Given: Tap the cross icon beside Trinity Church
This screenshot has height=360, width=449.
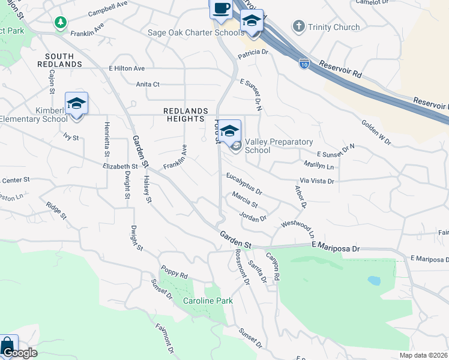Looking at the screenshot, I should (x=298, y=26).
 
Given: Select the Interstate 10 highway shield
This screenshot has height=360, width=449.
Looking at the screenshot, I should (x=305, y=62).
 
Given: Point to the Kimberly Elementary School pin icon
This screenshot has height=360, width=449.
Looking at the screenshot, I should (x=77, y=104).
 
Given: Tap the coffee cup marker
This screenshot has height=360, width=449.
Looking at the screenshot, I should (x=221, y=8).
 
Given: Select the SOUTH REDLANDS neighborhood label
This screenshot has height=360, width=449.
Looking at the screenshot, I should (x=59, y=59).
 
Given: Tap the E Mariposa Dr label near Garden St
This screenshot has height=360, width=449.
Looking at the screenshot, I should (x=335, y=247).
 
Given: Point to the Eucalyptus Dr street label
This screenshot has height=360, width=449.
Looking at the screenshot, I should (x=244, y=184).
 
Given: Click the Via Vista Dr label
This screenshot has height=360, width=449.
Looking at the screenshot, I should (x=316, y=181).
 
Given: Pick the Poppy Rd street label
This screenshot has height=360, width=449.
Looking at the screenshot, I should (x=174, y=271).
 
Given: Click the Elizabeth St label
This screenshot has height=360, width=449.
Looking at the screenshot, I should (x=120, y=166).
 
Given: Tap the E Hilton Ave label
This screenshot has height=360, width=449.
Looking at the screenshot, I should (x=127, y=69).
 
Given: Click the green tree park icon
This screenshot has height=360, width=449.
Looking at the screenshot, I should (x=60, y=23).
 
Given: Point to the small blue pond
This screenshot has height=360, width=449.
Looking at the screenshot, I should (x=373, y=280).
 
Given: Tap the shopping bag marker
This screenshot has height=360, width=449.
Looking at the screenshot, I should (x=7, y=346).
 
